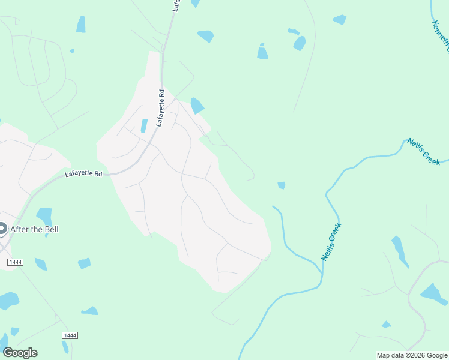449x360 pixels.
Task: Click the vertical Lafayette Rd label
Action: coord(160,108)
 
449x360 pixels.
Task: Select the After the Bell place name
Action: coord(35,229)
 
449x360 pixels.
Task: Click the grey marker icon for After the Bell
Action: coord(2,229)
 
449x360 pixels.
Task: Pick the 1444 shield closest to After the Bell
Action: coord(15,263)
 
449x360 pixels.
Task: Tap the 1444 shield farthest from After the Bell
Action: coord(70,334)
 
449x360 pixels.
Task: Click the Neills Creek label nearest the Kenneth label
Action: coord(424,151)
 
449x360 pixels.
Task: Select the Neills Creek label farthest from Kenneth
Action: coord(331,242)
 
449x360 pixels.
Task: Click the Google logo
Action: coord(20,353)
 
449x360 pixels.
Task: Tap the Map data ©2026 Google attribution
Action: coord(412,355)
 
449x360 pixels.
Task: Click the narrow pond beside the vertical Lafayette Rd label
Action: coord(144,125)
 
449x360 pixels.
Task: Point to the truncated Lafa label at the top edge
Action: coord(176,5)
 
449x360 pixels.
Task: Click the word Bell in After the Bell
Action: coord(51,229)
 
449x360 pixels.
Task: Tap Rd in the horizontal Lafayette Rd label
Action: coord(98,174)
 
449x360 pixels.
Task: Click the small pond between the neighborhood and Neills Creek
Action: coord(281,185)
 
